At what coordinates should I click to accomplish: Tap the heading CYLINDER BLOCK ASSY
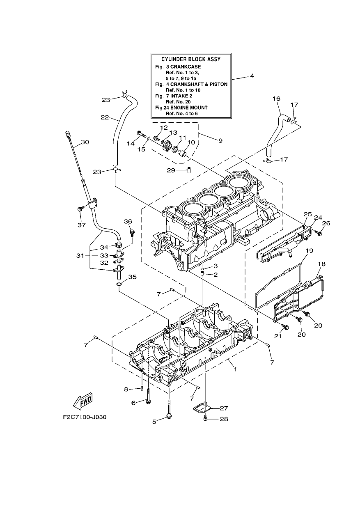pos(191,59)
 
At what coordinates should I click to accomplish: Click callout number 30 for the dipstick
pos(85,142)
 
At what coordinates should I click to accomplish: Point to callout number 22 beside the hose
pos(105,117)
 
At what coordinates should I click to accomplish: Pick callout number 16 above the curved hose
pos(276,99)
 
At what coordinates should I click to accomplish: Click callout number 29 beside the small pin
pos(171,170)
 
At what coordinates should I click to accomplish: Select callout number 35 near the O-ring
pos(133,277)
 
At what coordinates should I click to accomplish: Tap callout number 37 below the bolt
pos(82,225)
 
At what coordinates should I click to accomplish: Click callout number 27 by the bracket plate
pos(224,408)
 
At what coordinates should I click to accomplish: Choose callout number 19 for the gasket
pos(310,251)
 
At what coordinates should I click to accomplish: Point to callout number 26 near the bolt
pos(326,224)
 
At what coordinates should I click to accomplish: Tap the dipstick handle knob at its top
pos(67,133)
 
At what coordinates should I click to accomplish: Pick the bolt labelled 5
pos(169,411)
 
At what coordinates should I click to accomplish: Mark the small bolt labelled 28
pos(206,416)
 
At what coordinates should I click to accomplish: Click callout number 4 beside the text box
pos(252,76)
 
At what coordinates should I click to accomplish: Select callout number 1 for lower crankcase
pos(236,369)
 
